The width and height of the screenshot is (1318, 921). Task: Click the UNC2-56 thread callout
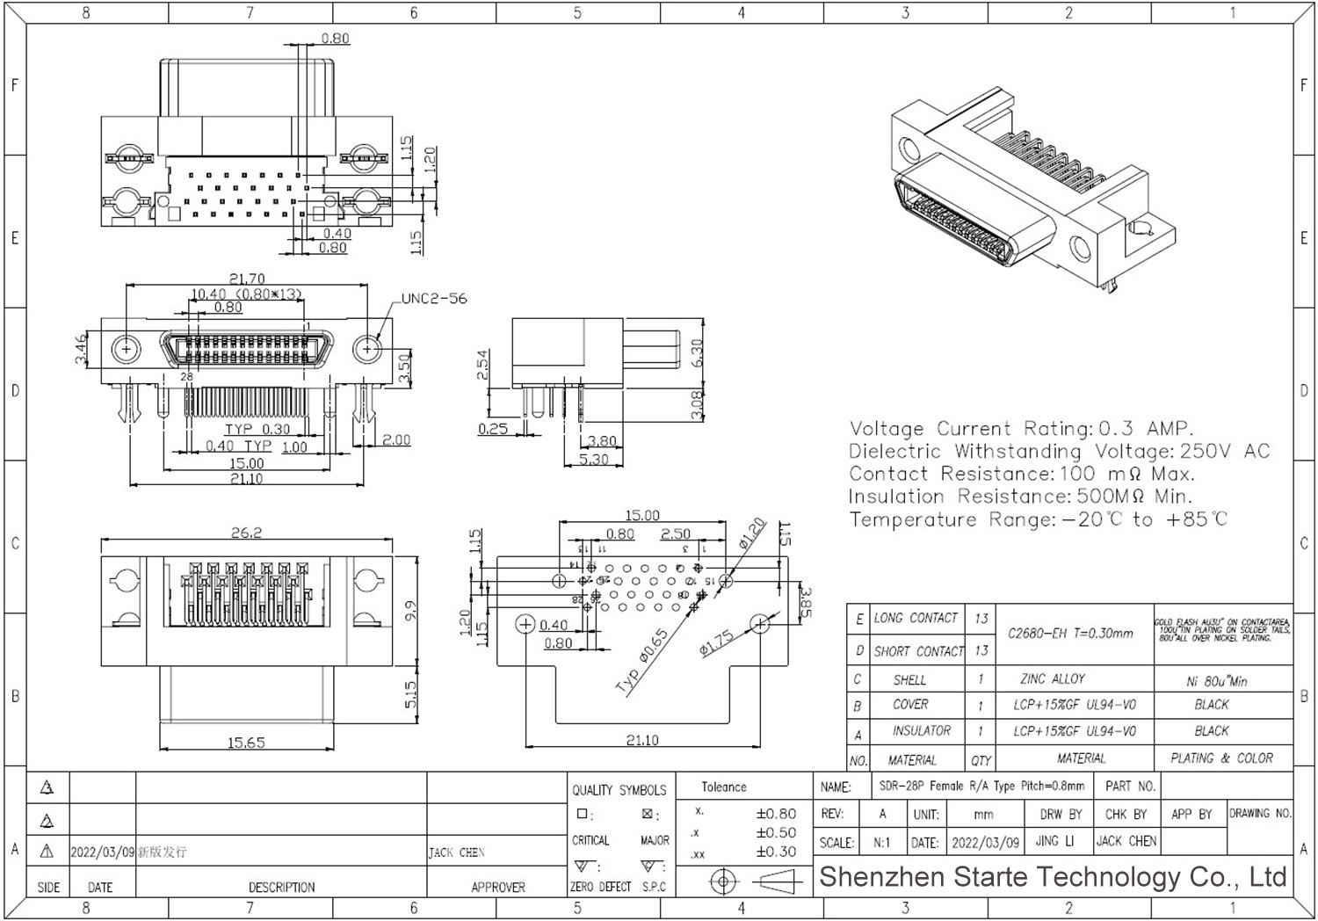(434, 299)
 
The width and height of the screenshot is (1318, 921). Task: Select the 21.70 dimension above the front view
(247, 279)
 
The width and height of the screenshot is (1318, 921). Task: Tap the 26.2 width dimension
(246, 532)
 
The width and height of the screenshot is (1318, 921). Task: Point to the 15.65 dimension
(246, 743)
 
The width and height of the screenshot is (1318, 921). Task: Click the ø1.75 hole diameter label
(716, 644)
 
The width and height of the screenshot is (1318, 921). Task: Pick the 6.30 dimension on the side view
(697, 353)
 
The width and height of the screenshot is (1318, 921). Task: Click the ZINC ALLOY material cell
(1053, 678)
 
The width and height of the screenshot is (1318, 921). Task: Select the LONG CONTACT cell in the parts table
(915, 618)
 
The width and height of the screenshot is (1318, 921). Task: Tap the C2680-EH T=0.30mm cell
(1070, 633)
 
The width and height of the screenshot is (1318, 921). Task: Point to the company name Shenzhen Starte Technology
(1053, 876)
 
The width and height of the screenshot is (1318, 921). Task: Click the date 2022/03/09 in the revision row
(102, 852)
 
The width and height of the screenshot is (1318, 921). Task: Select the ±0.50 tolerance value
(776, 832)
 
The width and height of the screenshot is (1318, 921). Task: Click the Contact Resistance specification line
(1021, 474)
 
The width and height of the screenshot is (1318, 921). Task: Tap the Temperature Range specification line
(1038, 519)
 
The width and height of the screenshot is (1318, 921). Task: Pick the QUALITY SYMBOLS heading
(619, 789)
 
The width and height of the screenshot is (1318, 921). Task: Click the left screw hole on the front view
(127, 350)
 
